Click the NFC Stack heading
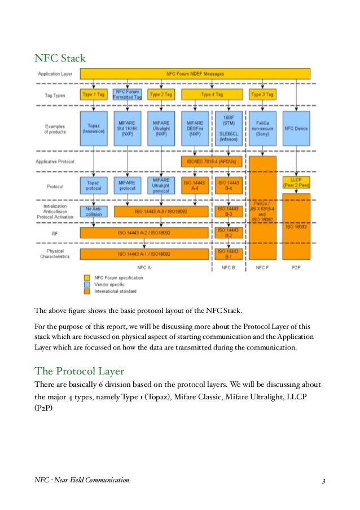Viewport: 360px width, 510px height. (x=60, y=57)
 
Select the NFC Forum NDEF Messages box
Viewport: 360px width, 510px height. (x=195, y=73)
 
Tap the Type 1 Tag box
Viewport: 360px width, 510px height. (x=94, y=94)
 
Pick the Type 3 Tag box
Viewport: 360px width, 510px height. (x=263, y=94)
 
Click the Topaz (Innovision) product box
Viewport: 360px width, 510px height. (x=94, y=128)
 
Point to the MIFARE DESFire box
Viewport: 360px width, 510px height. (x=195, y=128)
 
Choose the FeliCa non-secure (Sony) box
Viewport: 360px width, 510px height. (x=263, y=128)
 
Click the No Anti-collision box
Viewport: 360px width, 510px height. (x=94, y=211)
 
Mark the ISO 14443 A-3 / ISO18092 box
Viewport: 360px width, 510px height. (x=161, y=211)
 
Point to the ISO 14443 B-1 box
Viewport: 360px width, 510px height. (x=229, y=254)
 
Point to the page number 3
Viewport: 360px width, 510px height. (x=324, y=481)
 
